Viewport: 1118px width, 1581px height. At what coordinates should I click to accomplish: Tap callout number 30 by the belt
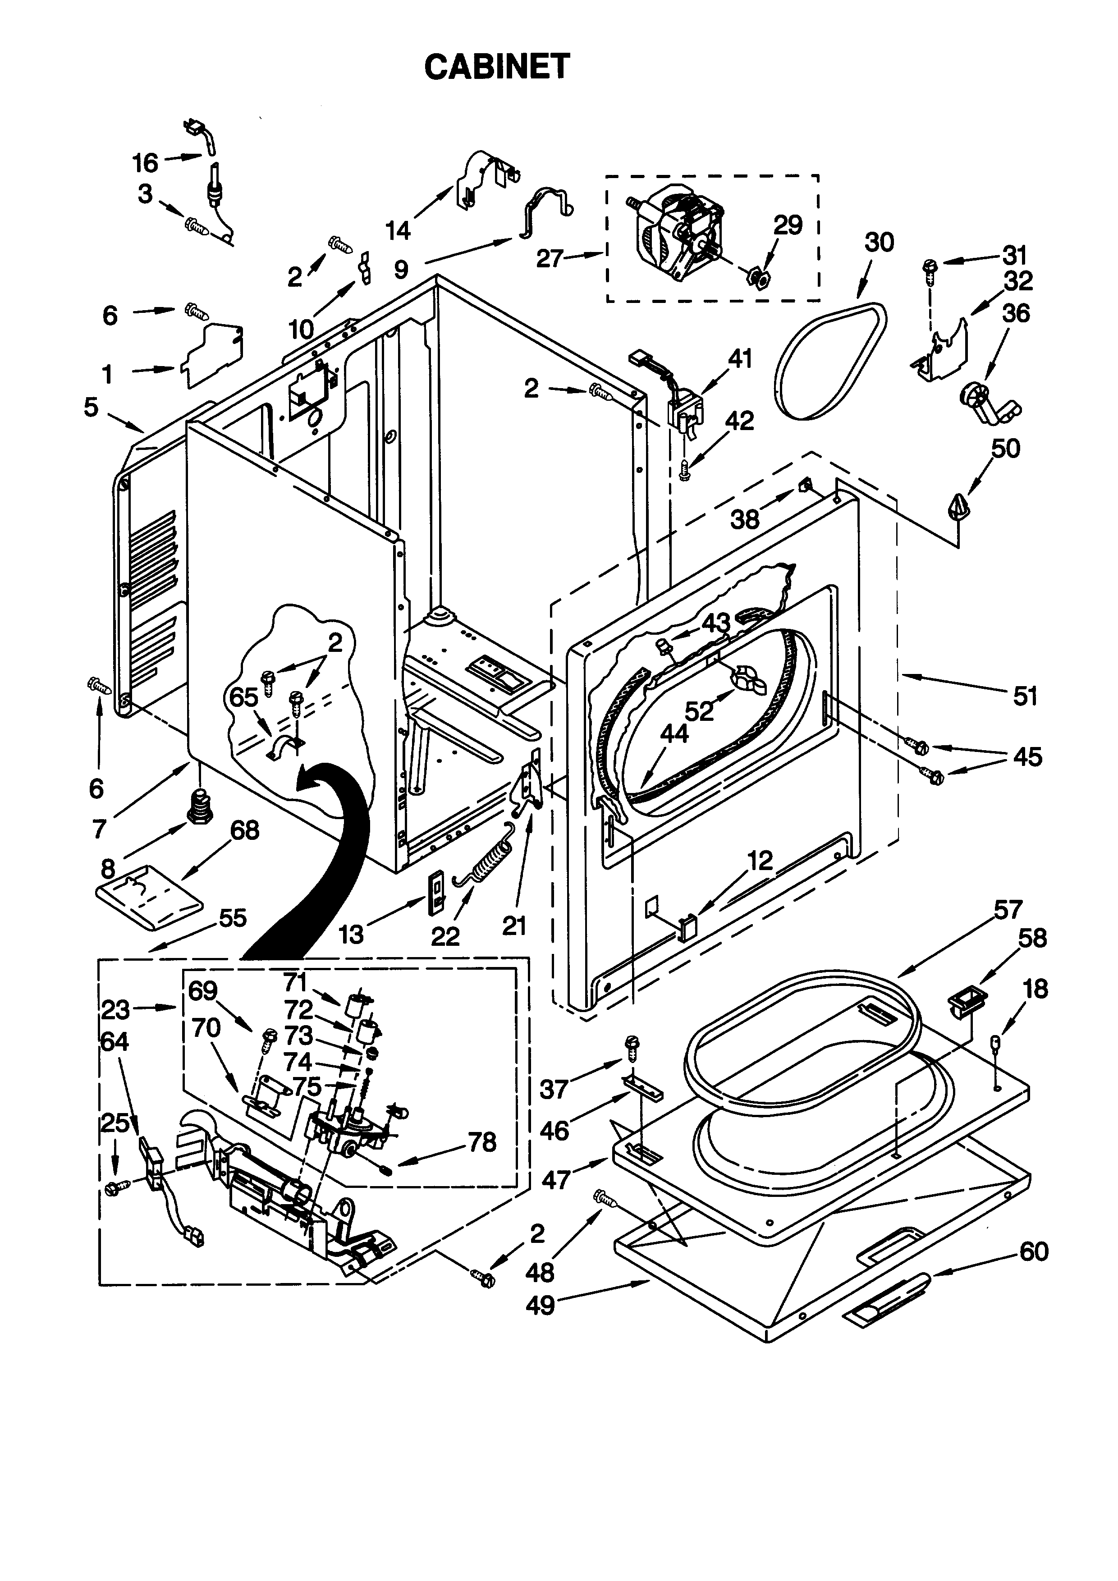coord(879,243)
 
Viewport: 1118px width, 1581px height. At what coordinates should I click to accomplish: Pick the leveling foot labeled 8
coord(200,804)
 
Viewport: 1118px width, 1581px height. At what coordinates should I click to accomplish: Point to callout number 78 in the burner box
coord(482,1142)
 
